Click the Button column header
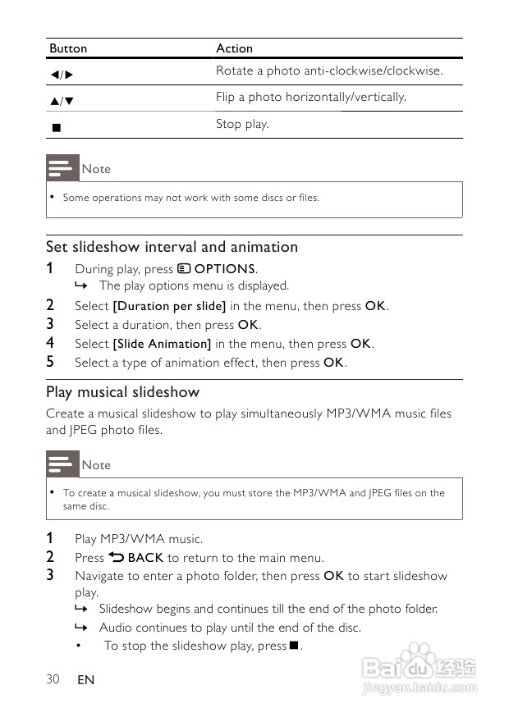pyautogui.click(x=68, y=48)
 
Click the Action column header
pyautogui.click(x=234, y=48)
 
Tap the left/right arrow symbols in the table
pyautogui.click(x=62, y=75)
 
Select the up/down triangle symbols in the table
pyautogui.click(x=62, y=101)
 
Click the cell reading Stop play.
pyautogui.click(x=242, y=124)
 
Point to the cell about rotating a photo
pyautogui.click(x=328, y=71)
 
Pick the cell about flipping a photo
pyautogui.click(x=310, y=97)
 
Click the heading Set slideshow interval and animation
pyautogui.click(x=172, y=247)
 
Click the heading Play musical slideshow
pyautogui.click(x=122, y=392)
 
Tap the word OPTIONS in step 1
pyautogui.click(x=224, y=269)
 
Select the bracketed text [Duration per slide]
pyautogui.click(x=169, y=306)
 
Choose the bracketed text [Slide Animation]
pyautogui.click(x=162, y=344)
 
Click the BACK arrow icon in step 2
pyautogui.click(x=116, y=557)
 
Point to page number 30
pyautogui.click(x=53, y=678)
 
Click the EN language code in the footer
pyautogui.click(x=85, y=680)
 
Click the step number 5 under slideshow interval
pyautogui.click(x=50, y=362)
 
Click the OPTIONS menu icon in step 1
pyautogui.click(x=184, y=268)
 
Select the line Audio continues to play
pyautogui.click(x=230, y=628)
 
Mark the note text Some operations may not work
pyautogui.click(x=190, y=198)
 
